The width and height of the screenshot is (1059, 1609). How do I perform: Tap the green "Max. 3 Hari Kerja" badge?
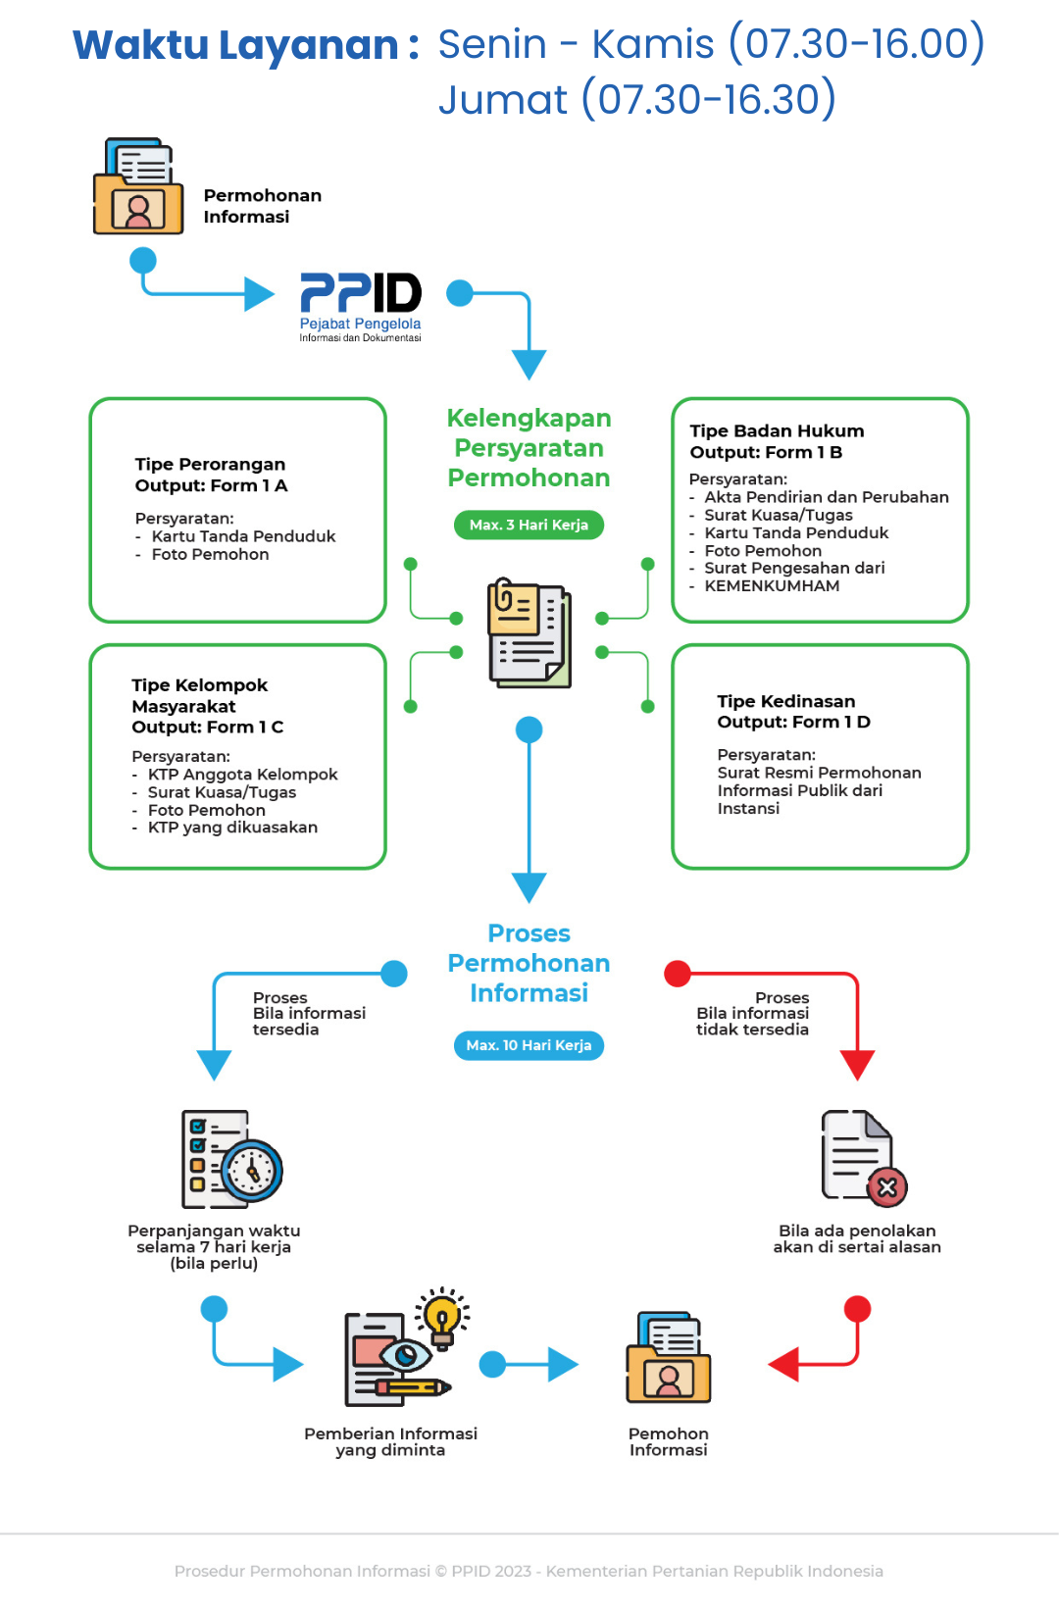coord(529,526)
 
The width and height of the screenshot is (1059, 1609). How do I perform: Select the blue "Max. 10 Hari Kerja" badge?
coord(529,1046)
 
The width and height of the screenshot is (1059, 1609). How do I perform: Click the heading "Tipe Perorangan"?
coord(210,464)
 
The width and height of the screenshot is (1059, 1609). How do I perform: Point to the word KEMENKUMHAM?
coord(772,586)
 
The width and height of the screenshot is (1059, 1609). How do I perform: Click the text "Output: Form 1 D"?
coord(793,723)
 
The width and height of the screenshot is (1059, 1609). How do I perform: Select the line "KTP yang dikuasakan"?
coord(232,828)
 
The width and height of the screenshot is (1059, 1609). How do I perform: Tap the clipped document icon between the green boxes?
coord(529,633)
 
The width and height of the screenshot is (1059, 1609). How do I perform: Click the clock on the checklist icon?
coord(253,1171)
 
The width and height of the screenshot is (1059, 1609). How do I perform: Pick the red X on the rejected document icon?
coord(886,1188)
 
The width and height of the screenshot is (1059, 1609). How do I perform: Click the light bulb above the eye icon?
coord(442,1315)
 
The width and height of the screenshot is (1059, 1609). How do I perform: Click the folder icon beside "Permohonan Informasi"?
coord(138,187)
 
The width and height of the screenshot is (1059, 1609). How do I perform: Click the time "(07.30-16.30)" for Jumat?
coord(709,99)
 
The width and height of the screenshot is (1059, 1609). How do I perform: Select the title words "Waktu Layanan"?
coord(235,45)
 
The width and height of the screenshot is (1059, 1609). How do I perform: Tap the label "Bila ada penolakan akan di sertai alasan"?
coord(857,1239)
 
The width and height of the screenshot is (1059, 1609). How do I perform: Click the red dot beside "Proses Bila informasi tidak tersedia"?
coord(678,974)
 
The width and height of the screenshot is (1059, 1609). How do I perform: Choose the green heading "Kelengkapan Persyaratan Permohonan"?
coord(529,448)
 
